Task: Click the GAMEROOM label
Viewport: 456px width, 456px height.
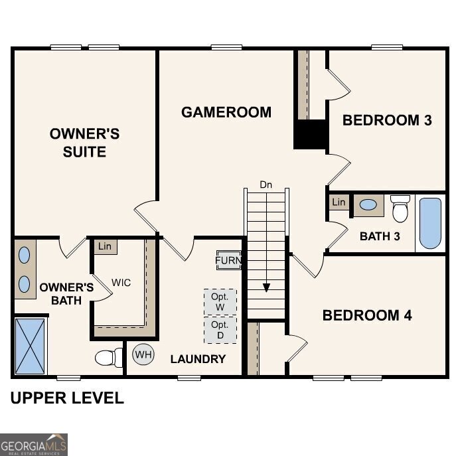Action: pyautogui.click(x=226, y=112)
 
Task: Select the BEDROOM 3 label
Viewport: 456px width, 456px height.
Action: pyautogui.click(x=387, y=120)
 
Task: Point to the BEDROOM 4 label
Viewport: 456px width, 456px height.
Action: pyautogui.click(x=367, y=315)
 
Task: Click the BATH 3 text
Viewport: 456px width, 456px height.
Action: pyautogui.click(x=380, y=236)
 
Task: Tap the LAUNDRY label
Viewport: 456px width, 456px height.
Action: pyautogui.click(x=198, y=359)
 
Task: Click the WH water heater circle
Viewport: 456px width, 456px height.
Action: pyautogui.click(x=143, y=354)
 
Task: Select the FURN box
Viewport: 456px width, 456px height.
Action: pyautogui.click(x=228, y=260)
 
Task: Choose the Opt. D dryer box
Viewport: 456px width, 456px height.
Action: pyautogui.click(x=220, y=330)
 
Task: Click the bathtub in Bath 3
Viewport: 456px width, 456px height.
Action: pyautogui.click(x=430, y=223)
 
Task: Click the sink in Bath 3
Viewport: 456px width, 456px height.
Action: pyautogui.click(x=368, y=205)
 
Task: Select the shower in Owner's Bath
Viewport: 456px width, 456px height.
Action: pyautogui.click(x=31, y=346)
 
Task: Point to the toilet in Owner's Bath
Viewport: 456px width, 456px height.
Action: pyautogui.click(x=108, y=358)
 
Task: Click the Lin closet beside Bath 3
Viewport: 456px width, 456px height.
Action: pyautogui.click(x=339, y=202)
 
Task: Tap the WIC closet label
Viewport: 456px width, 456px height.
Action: pyautogui.click(x=121, y=283)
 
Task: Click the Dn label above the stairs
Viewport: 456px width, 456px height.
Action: pyautogui.click(x=266, y=184)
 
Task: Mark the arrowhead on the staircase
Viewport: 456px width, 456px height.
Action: pyautogui.click(x=266, y=287)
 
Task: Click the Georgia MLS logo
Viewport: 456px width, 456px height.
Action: pyautogui.click(x=34, y=444)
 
